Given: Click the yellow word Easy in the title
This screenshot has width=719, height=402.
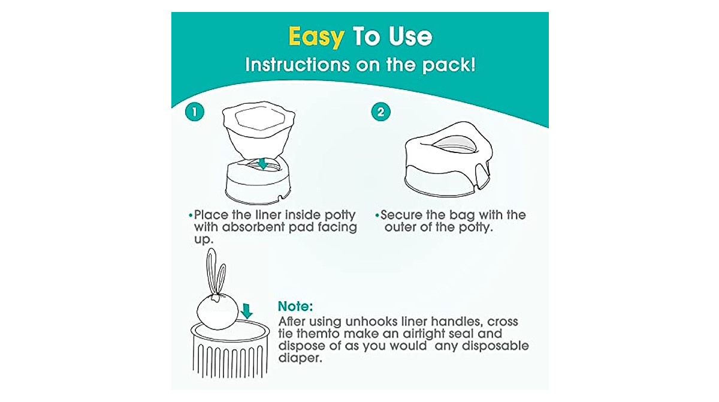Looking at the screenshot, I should [x=316, y=37].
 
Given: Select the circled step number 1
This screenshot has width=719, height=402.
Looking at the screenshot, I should [x=194, y=112].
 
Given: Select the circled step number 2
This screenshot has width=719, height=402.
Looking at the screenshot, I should [x=380, y=112].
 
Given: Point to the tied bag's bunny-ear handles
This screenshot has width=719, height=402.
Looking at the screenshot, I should [x=216, y=273].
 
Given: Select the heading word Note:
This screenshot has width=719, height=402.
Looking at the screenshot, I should [x=295, y=306].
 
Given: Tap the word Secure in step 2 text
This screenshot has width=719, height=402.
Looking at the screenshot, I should [x=404, y=215].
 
